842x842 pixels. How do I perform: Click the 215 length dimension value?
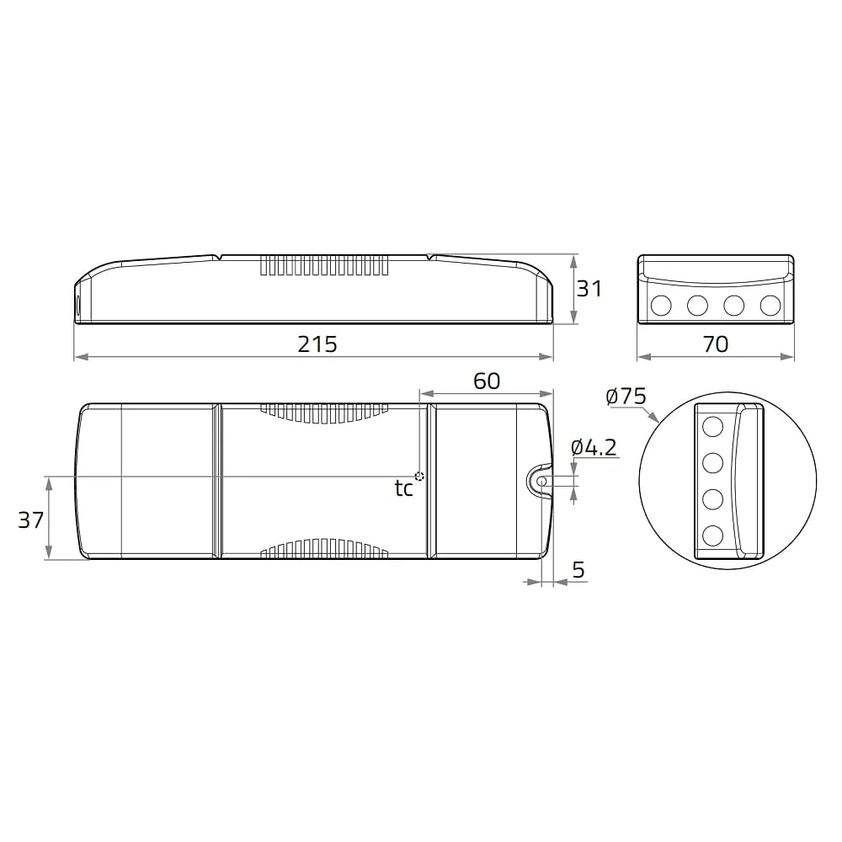click(x=317, y=344)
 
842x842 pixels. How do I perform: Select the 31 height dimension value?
click(x=589, y=289)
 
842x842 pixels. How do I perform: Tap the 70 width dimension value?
click(x=715, y=344)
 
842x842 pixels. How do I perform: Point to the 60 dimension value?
click(x=487, y=381)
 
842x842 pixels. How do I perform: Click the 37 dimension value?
click(x=30, y=520)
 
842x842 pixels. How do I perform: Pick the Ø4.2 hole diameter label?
click(x=594, y=447)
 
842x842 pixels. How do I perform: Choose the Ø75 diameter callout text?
click(x=626, y=397)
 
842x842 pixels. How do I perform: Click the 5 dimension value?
click(x=578, y=569)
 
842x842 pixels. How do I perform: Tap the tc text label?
click(x=404, y=488)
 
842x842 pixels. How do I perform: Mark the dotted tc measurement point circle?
click(x=419, y=477)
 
